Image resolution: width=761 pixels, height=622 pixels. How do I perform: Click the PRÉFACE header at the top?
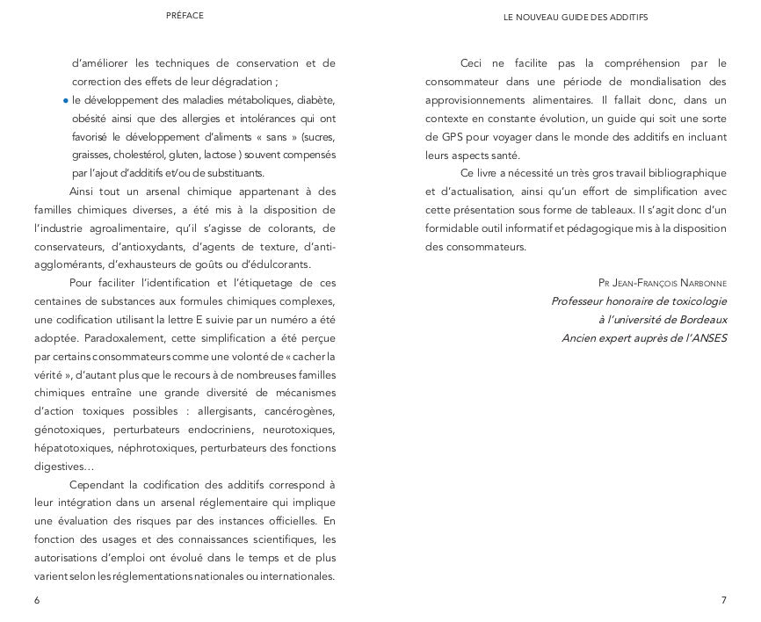click(185, 16)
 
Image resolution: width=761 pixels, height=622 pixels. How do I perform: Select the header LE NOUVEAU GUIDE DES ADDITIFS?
click(576, 17)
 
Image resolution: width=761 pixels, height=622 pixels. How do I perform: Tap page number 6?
click(37, 600)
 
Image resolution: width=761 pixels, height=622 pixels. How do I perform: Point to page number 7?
click(723, 600)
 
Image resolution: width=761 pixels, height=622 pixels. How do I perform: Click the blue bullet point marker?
click(66, 100)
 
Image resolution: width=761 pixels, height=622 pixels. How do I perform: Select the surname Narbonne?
click(699, 283)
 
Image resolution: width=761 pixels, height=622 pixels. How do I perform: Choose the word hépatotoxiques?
click(72, 447)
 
